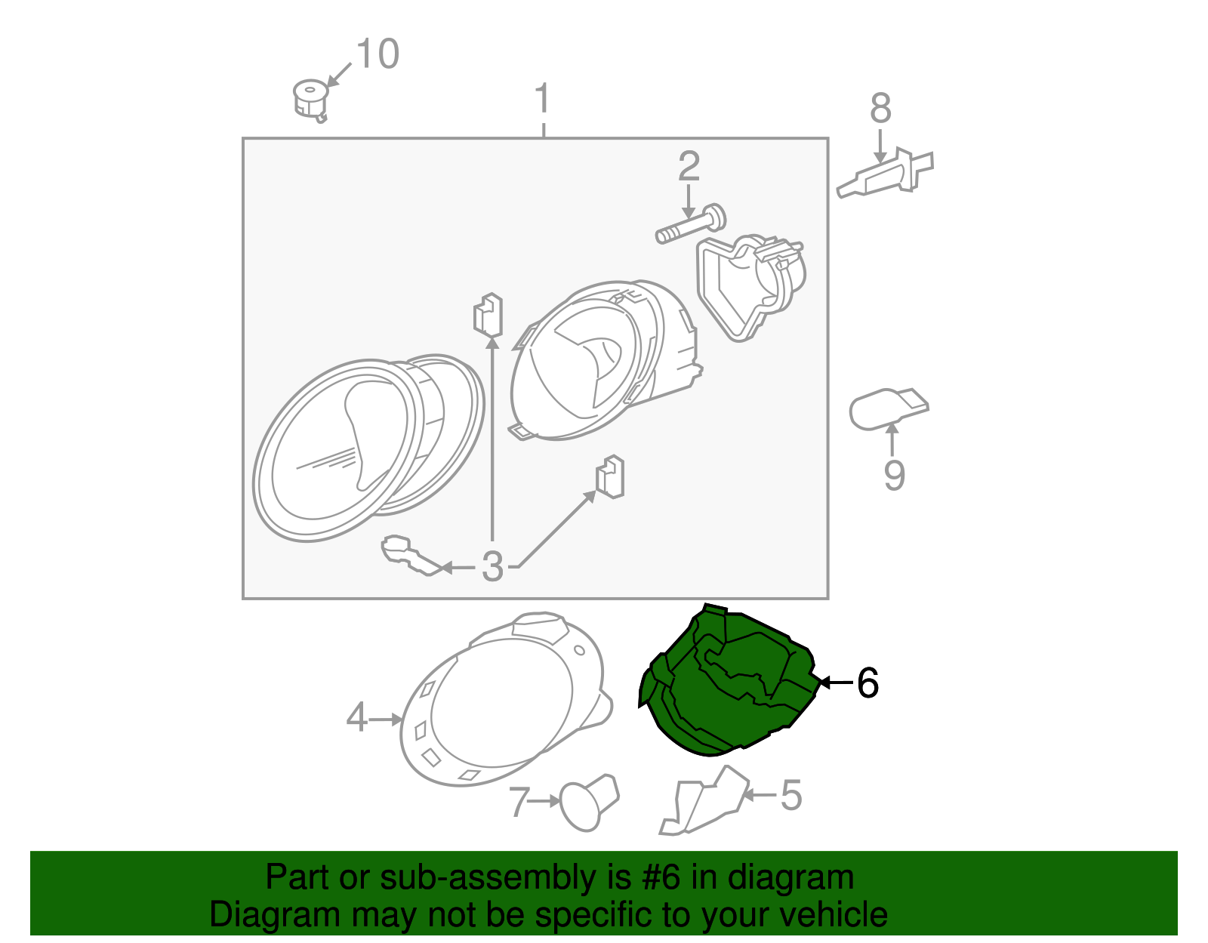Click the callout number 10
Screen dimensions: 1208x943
(x=377, y=54)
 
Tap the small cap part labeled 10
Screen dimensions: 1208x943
(x=310, y=100)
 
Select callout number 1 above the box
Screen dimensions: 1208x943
(x=543, y=99)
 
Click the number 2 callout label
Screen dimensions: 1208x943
(x=689, y=165)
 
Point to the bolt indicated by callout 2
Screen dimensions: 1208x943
(x=690, y=224)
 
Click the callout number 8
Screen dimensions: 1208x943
(x=880, y=108)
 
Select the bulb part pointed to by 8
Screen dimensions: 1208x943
(x=885, y=172)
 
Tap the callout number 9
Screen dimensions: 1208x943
(x=895, y=474)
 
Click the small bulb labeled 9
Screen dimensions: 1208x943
(x=889, y=408)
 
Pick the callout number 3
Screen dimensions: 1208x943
(x=492, y=567)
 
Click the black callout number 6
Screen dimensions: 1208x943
(x=867, y=683)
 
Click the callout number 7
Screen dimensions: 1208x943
(x=519, y=802)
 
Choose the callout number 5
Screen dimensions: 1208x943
(x=792, y=795)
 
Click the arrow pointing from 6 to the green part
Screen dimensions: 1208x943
(x=836, y=683)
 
